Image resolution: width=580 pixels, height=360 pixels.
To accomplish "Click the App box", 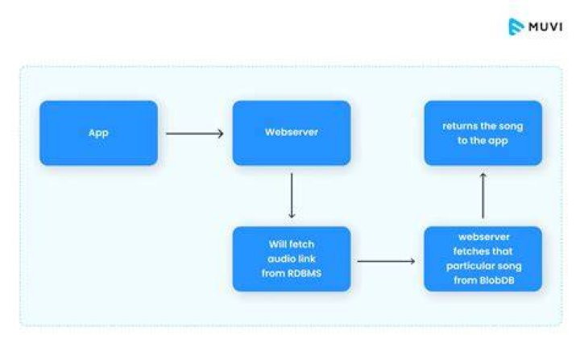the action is pos(99,133).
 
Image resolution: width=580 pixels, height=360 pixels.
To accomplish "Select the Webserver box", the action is pos(292,133).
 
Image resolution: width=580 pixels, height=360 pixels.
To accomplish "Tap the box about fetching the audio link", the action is pos(292,259).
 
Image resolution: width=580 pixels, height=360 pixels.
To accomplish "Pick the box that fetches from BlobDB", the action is pos(483,259).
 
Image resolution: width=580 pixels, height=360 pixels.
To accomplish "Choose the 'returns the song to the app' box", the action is pos(483,133).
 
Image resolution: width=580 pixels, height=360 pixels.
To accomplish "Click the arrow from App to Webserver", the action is pos(195,133).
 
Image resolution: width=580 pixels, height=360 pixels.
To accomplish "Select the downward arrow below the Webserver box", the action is pos(292,196).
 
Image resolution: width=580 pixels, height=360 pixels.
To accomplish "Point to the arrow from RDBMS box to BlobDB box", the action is pos(386,261).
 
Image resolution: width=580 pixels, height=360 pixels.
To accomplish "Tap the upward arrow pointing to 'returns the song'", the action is pos(483,196).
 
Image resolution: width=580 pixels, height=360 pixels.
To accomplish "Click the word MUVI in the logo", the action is pos(545,27).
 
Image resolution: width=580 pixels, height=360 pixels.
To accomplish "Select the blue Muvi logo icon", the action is pos(516,27).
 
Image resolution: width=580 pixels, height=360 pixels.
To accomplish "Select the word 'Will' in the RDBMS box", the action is pos(276,244).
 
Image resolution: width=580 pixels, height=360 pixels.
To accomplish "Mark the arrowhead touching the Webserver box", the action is pos(221,133).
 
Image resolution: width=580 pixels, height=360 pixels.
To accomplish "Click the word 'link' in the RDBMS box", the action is pos(308,259).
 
